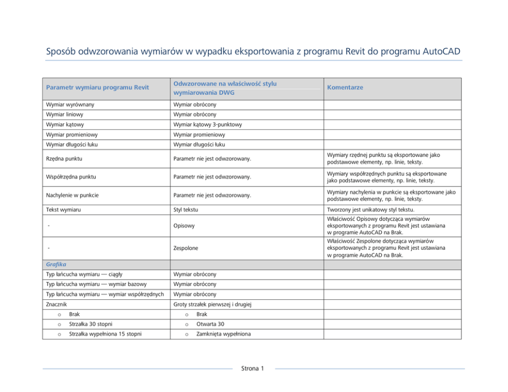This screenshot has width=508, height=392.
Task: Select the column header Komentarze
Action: pos(345,88)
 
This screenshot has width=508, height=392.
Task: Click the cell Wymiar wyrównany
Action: pos(70,105)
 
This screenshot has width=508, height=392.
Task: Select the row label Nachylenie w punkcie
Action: pos(72,195)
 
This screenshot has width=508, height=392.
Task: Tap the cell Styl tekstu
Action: pos(185,210)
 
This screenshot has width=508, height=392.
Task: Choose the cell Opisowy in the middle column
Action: pos(184,225)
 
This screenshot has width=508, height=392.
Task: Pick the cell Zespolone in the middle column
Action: pos(187,248)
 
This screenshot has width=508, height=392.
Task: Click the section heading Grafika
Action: pos(56,265)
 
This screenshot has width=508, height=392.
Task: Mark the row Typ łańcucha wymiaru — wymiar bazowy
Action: pos(96,284)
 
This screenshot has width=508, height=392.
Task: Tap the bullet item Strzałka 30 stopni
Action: pos(91,324)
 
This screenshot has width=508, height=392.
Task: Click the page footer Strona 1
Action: pos(253,368)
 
